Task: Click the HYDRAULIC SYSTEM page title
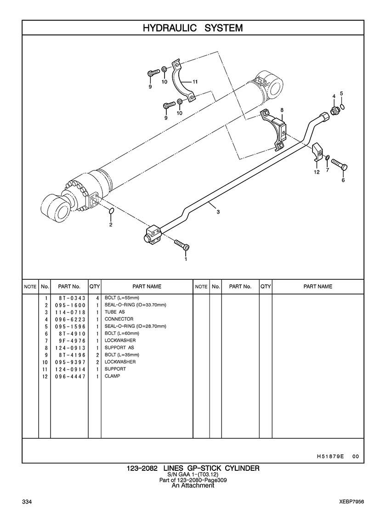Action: point(193,28)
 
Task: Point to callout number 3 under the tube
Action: point(218,212)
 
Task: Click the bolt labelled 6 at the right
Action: point(339,164)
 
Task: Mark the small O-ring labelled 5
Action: point(342,107)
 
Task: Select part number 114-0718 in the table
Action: point(70,312)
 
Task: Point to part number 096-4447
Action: point(70,376)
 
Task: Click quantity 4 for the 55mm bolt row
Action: point(97,298)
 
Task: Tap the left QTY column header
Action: point(95,287)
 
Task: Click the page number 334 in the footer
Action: point(27,502)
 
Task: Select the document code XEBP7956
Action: point(352,502)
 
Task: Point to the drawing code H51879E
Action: point(330,456)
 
